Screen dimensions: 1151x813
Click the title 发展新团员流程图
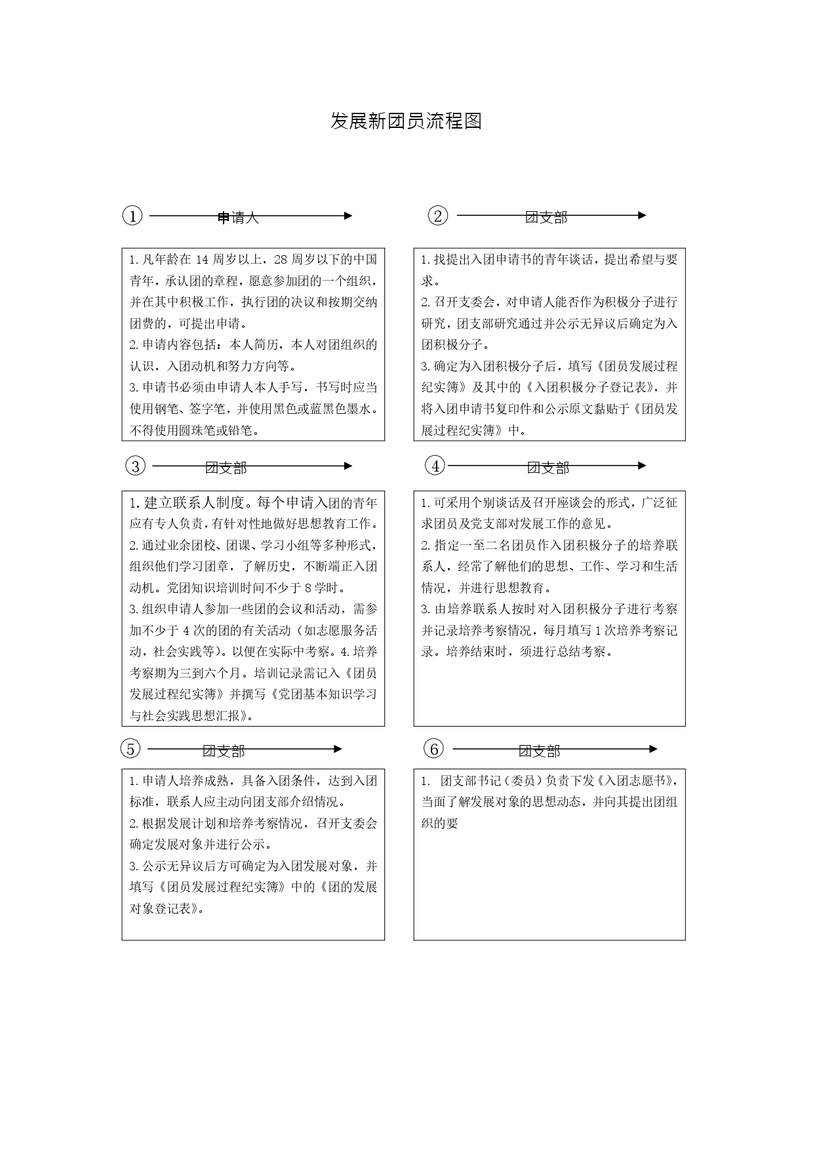[x=406, y=121]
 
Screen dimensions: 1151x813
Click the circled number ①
[x=132, y=216]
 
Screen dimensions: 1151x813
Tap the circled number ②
[x=437, y=215]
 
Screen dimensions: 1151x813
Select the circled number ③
[x=135, y=466]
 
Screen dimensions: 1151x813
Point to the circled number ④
[x=435, y=466]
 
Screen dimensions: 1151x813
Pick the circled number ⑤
[x=131, y=749]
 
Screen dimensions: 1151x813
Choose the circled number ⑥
[x=433, y=748]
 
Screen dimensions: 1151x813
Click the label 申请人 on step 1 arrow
[x=238, y=218]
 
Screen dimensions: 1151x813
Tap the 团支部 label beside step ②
[x=546, y=218]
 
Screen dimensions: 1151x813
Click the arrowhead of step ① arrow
[x=347, y=216]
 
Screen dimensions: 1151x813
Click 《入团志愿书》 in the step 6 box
[x=635, y=780]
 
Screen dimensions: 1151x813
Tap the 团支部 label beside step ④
[x=548, y=468]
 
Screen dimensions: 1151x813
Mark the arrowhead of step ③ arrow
[x=347, y=466]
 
